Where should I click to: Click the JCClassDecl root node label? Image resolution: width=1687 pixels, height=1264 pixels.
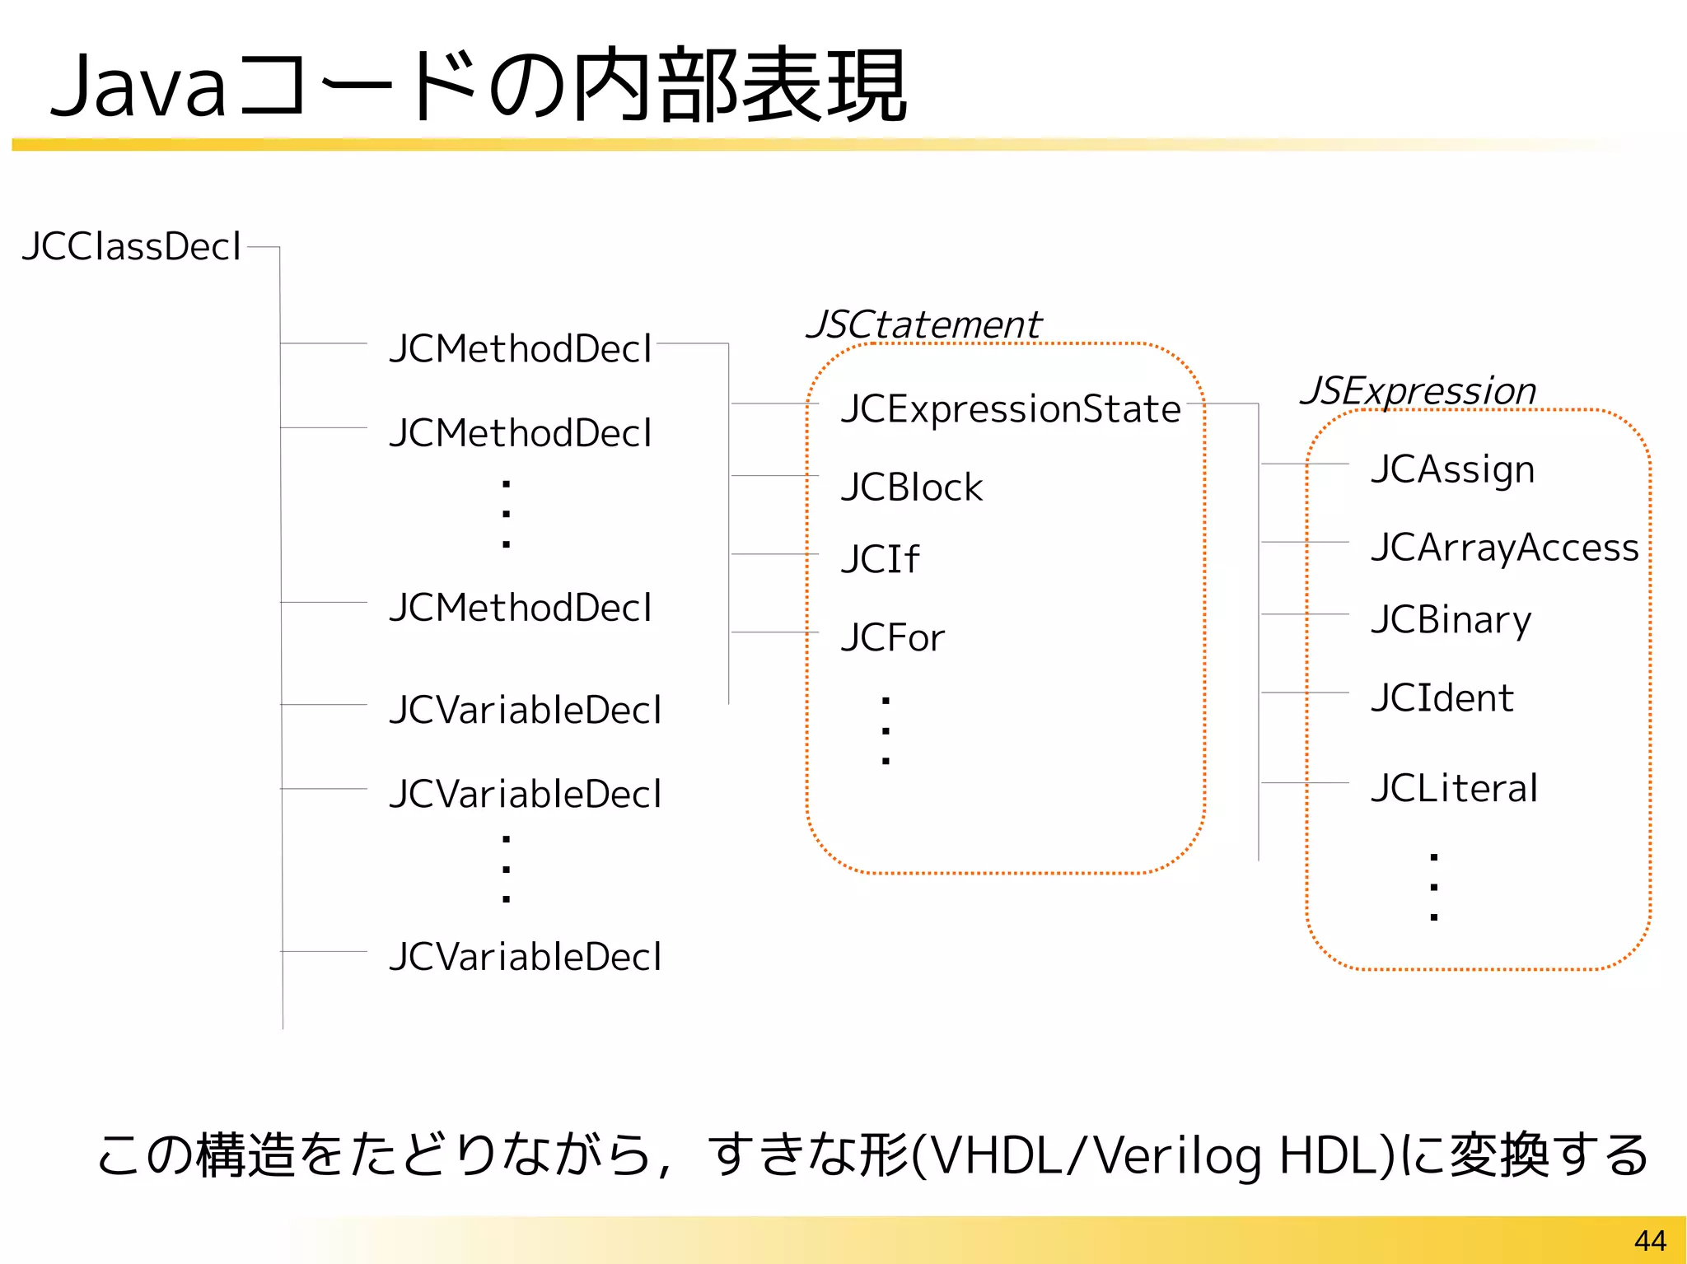click(132, 247)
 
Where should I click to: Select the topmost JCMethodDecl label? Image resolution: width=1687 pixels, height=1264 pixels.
click(521, 349)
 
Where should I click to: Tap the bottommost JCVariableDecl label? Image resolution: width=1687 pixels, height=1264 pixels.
click(525, 957)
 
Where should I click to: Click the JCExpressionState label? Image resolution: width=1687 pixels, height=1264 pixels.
click(1011, 409)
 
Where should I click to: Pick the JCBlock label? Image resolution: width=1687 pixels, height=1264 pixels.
click(912, 487)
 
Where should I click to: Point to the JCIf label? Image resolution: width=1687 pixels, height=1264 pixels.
click(879, 560)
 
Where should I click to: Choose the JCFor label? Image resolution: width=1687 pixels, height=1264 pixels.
click(893, 638)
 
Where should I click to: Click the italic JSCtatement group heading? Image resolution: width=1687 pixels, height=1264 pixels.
click(923, 324)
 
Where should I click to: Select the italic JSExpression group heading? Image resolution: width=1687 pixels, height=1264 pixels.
click(1418, 390)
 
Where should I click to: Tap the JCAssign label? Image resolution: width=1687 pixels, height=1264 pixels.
click(1453, 469)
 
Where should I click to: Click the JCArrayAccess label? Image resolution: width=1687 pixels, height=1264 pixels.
click(1505, 548)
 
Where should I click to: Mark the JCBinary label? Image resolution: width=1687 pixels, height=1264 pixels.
click(1451, 620)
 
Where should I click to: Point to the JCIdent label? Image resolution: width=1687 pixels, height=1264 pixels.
click(1442, 698)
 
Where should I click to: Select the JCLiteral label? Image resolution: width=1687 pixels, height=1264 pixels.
click(1455, 788)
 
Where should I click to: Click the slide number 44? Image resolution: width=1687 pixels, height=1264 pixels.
click(1650, 1240)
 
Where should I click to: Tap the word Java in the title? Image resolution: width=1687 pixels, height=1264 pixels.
click(138, 86)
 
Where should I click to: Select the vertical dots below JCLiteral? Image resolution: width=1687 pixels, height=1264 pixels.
click(1434, 887)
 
